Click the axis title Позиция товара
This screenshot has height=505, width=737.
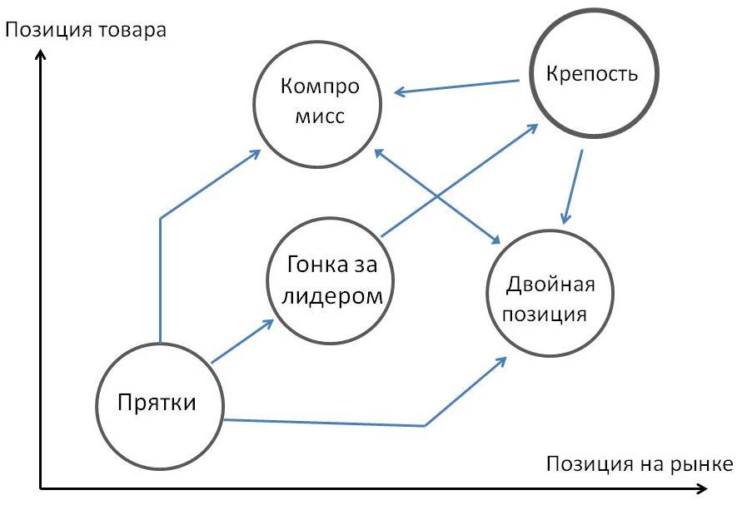86,30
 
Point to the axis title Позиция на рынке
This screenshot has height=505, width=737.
640,463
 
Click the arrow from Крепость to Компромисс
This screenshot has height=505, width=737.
457,87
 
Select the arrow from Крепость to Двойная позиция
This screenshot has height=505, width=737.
573,187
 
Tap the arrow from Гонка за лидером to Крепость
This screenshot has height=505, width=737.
459,180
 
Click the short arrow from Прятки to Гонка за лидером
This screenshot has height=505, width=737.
242,341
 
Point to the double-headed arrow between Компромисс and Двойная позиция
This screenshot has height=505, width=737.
437,196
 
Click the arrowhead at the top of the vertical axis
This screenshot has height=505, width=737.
41,56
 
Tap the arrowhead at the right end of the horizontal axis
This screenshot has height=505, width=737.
701,488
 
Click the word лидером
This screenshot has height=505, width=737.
332,296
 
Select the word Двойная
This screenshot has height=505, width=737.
550,285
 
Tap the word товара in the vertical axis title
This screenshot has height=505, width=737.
133,30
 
